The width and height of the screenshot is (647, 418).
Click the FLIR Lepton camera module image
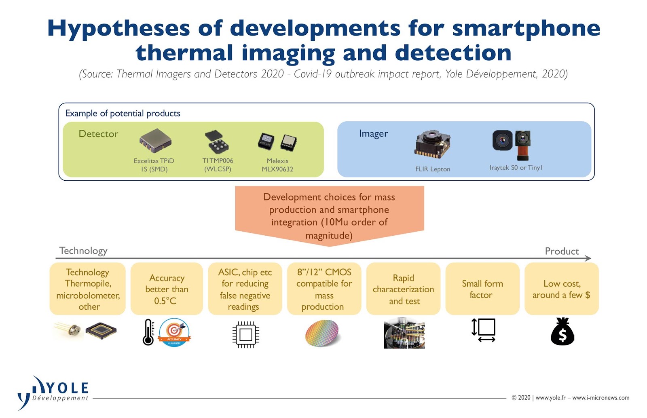[x=432, y=144]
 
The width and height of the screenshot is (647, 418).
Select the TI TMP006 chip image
[x=217, y=141]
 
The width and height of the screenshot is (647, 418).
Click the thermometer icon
[x=148, y=332]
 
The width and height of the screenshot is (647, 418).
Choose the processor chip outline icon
[x=246, y=335]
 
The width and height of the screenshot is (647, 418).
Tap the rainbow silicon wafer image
[x=322, y=334]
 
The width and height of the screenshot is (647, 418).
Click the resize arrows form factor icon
[x=484, y=330]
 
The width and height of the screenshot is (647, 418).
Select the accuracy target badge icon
[x=174, y=332]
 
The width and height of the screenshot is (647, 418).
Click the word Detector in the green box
[x=98, y=134]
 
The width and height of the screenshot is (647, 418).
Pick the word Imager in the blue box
[x=373, y=133]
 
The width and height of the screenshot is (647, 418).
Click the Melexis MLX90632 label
[x=277, y=165]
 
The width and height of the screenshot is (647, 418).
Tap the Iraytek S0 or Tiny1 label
[x=516, y=167]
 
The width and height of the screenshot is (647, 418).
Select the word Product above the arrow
[x=562, y=251]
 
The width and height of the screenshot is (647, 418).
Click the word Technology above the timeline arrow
[x=83, y=251]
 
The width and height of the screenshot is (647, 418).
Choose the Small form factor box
[x=482, y=289]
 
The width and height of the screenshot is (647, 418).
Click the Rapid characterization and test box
[x=403, y=289]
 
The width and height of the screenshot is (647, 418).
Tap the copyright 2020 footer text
[x=570, y=398]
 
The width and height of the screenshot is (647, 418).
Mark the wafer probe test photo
[x=404, y=334]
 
